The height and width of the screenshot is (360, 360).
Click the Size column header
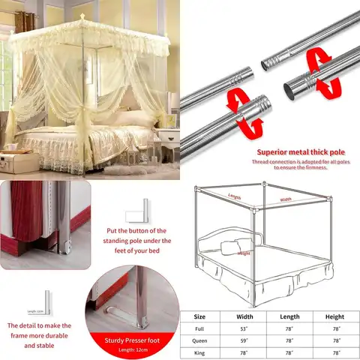[200, 316]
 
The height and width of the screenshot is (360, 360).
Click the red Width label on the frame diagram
[286, 199]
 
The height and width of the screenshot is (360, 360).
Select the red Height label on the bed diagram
[244, 253]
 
